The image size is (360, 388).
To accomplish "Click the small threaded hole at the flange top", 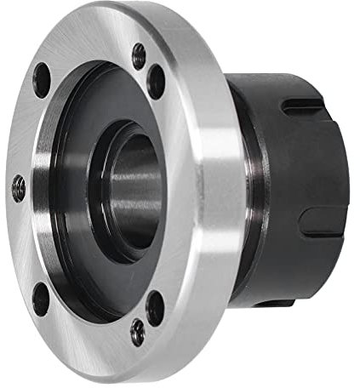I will click(139, 57).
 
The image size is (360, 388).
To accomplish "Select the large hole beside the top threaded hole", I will click(157, 81).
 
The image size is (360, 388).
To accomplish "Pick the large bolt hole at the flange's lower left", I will click(40, 298).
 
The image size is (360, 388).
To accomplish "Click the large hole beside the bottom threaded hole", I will click(155, 307).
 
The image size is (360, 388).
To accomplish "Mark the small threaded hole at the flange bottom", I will click(138, 332).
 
